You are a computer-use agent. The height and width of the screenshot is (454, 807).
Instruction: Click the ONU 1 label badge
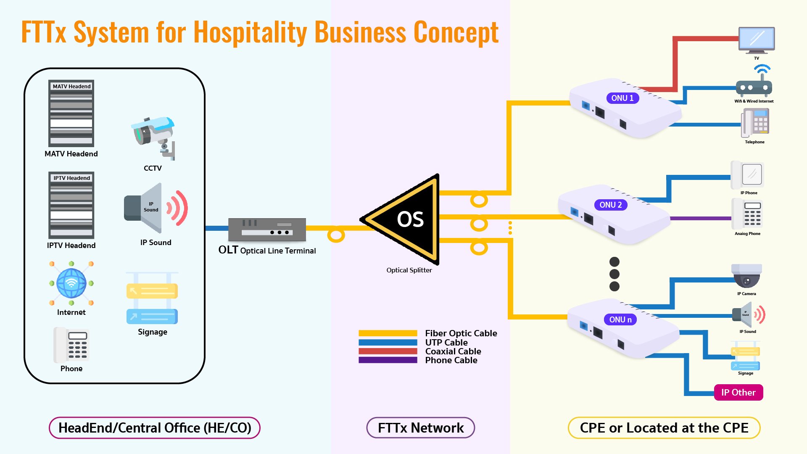point(622,98)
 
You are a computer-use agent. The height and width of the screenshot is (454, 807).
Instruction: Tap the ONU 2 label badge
point(610,205)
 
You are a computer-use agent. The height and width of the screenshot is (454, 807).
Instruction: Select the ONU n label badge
point(620,319)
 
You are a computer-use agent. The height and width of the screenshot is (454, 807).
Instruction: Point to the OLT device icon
point(267,230)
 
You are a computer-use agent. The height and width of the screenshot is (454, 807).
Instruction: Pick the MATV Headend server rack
point(71,113)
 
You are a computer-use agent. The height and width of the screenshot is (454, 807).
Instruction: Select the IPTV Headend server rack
point(71,205)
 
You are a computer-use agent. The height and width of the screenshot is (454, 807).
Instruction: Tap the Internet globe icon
point(71,283)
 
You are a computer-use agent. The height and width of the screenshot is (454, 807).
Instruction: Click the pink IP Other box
point(738,392)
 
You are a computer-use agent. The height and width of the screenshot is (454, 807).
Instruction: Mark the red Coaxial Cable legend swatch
point(388,351)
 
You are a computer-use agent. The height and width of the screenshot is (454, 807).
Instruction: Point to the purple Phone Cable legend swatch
point(388,360)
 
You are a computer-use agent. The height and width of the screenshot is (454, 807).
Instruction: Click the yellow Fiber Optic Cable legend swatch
point(388,333)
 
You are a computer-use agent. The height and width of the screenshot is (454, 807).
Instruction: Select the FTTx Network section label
point(421,428)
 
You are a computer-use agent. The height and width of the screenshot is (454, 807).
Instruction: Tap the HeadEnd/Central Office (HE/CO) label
point(155,428)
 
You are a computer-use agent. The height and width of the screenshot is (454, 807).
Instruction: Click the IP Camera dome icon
point(746,276)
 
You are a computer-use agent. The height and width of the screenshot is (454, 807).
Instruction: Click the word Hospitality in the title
point(250,32)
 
